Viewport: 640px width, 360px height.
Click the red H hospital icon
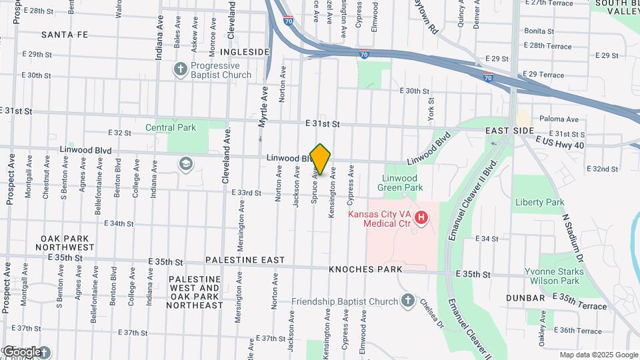click(421, 217)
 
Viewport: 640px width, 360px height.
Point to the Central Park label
click(171, 127)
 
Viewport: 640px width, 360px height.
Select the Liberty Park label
click(539, 202)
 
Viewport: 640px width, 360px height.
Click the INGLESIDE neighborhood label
click(245, 52)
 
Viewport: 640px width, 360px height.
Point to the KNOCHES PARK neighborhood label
click(365, 269)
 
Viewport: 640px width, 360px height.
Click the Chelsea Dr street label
click(431, 312)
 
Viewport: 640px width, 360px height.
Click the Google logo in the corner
click(23, 351)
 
